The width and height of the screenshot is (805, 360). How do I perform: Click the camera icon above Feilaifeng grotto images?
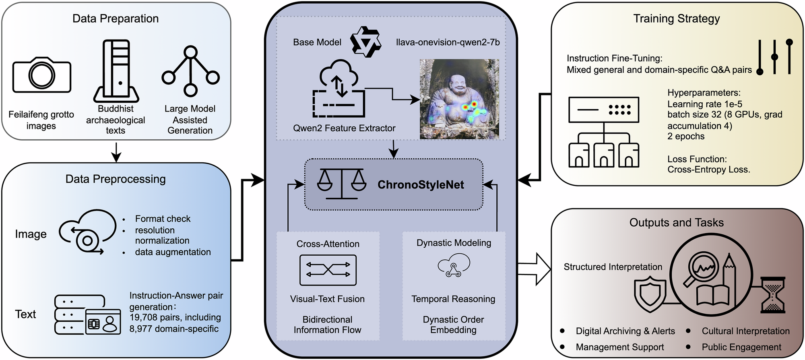[42, 75]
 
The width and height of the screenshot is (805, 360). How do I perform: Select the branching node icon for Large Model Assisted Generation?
[190, 72]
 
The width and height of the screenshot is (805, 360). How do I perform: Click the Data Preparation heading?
[116, 19]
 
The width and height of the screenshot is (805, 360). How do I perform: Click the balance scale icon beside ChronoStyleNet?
[341, 184]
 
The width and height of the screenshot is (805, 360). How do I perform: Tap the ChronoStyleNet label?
[421, 185]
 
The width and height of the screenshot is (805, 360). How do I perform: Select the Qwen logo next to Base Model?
[365, 42]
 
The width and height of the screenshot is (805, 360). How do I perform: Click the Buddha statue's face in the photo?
[459, 85]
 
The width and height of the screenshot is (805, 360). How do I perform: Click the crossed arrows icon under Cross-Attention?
[328, 270]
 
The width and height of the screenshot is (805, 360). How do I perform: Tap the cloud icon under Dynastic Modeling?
[454, 265]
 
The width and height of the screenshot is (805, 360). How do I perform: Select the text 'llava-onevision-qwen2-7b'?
[448, 42]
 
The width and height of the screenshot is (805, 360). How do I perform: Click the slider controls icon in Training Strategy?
[774, 57]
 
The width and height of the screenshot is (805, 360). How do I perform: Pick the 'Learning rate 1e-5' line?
[705, 104]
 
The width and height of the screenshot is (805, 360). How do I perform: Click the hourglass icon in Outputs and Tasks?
[773, 295]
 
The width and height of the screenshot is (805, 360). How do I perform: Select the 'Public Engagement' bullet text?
[741, 347]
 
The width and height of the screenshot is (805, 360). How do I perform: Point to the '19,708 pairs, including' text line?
[175, 317]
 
